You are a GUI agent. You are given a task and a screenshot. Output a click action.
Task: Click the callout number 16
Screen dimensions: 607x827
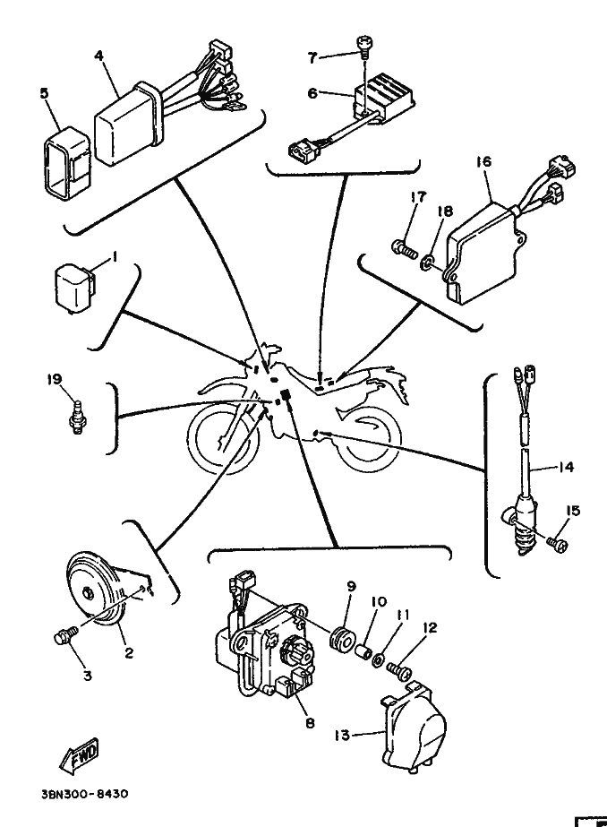(x=483, y=161)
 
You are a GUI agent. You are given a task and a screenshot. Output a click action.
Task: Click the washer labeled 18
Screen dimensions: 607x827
(x=426, y=260)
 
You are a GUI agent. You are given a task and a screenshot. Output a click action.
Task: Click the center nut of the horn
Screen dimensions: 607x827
(x=88, y=591)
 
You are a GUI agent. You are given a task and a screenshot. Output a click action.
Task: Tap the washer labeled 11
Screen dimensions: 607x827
(x=379, y=659)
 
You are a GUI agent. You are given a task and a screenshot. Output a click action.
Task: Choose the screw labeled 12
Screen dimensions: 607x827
(x=399, y=670)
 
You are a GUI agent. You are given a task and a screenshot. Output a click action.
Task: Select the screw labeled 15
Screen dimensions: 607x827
(x=557, y=544)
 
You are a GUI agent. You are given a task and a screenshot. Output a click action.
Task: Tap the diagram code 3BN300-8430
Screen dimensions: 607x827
(x=84, y=794)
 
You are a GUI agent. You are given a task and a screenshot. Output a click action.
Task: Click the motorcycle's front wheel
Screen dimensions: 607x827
(x=222, y=439)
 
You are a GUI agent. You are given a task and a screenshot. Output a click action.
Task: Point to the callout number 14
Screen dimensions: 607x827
(x=566, y=467)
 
